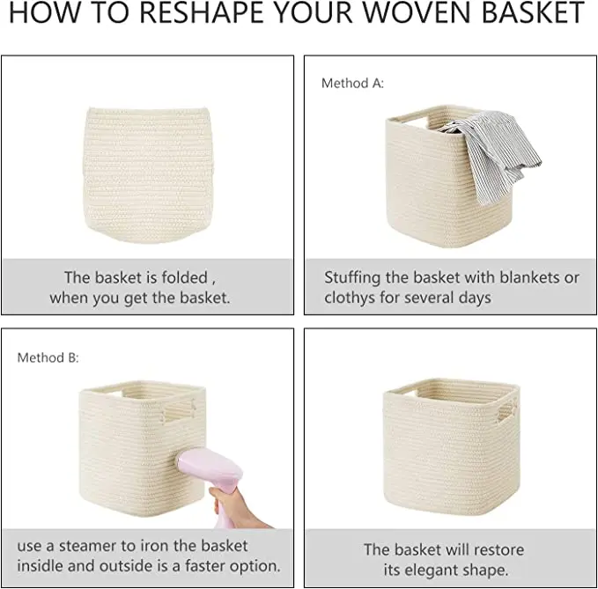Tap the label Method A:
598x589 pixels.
(x=352, y=84)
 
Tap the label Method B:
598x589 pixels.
(x=48, y=358)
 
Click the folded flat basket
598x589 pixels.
(x=146, y=170)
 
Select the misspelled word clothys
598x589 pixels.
(x=352, y=298)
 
